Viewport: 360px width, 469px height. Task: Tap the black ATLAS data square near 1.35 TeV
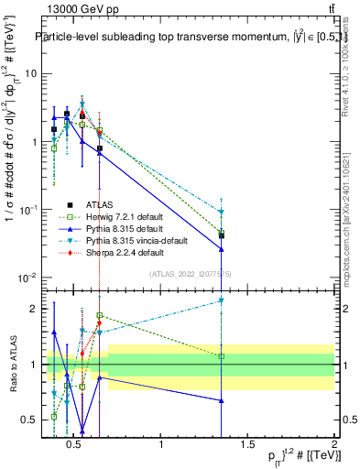pyautogui.click(x=221, y=235)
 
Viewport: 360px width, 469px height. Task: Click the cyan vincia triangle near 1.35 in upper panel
pyautogui.click(x=221, y=213)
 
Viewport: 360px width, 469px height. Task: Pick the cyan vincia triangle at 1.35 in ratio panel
pyautogui.click(x=221, y=300)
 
